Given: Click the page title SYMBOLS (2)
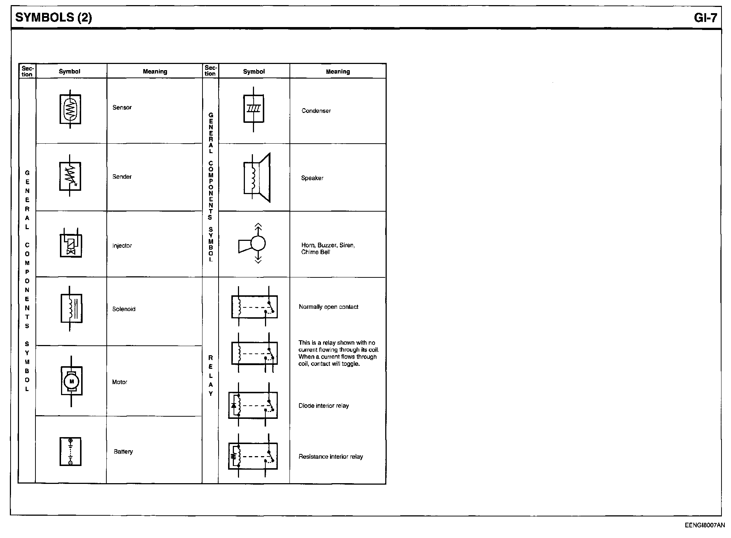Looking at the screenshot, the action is [54, 18].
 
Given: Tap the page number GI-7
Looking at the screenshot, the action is [705, 18].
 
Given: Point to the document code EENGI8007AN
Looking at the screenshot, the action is [705, 525].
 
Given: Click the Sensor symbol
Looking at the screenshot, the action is [70, 109].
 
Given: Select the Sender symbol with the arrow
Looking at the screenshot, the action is [70, 177].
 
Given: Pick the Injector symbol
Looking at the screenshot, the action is [71, 243].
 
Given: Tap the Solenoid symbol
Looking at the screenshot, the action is [71, 309].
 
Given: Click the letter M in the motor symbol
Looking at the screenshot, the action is [72, 382].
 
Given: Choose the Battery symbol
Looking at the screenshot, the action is [71, 452].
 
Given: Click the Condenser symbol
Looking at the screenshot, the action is [254, 109].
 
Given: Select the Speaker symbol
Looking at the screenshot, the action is [257, 177].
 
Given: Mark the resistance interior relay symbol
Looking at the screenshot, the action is [253, 456].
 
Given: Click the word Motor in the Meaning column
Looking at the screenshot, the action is [120, 382].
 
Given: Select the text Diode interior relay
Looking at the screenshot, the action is [323, 406].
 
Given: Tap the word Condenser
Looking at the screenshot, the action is [316, 111].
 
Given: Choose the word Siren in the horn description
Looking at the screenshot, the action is [347, 245].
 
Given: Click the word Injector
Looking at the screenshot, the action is [122, 246].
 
